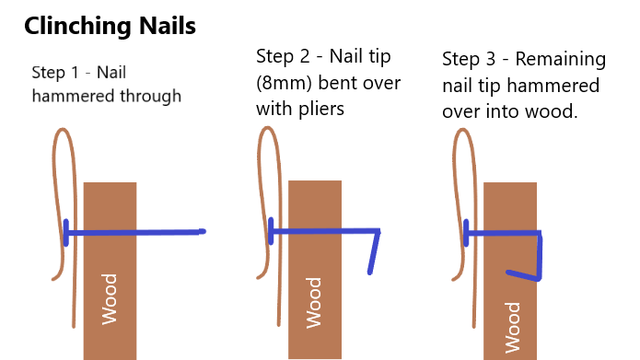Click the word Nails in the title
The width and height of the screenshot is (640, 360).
[169, 27]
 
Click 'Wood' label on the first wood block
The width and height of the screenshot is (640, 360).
[110, 298]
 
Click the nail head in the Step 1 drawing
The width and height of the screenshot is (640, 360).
[66, 232]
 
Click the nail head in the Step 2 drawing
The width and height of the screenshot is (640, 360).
[271, 231]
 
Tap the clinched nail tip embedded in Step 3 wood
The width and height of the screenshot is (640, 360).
[522, 274]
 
